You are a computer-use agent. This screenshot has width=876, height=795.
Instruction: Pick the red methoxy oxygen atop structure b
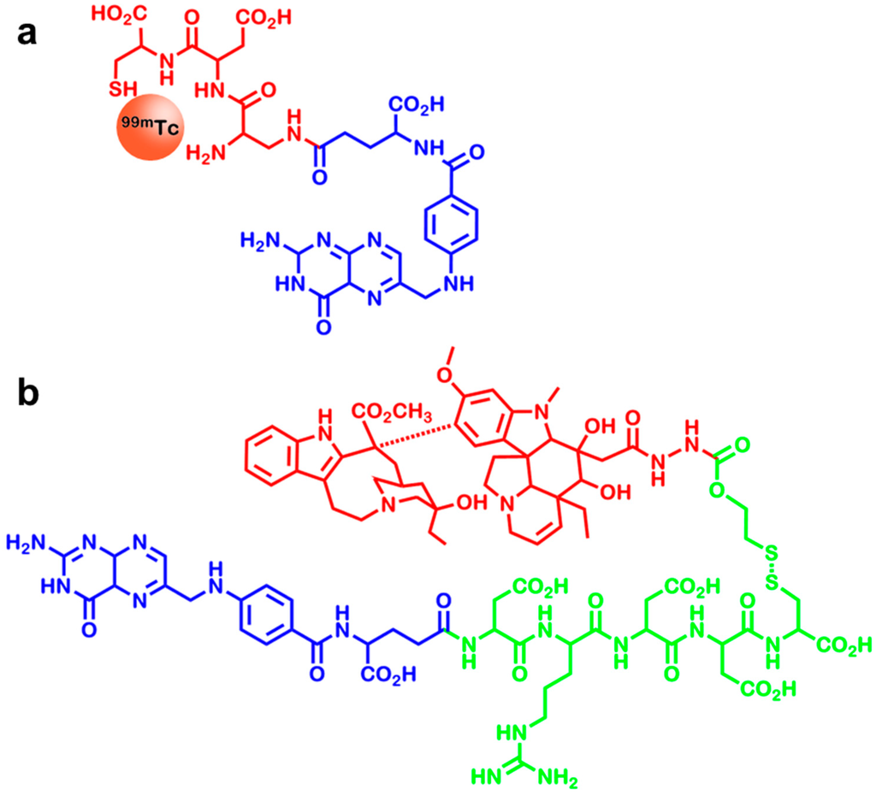click(x=465, y=397)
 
